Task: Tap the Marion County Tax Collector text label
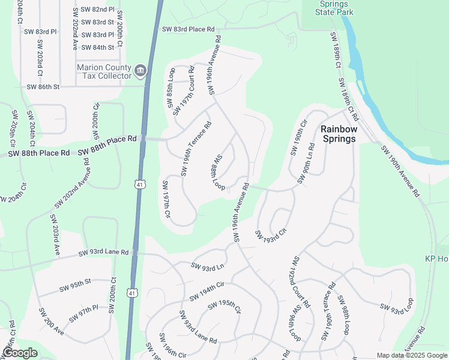[x=104, y=71]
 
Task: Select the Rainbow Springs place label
[x=339, y=133]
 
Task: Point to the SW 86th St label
[x=43, y=87]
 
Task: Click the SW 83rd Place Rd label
[x=188, y=29]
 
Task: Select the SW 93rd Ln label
[x=207, y=265]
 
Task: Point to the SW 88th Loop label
[x=217, y=173]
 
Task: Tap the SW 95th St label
[x=74, y=286]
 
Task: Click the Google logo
[x=20, y=353]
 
